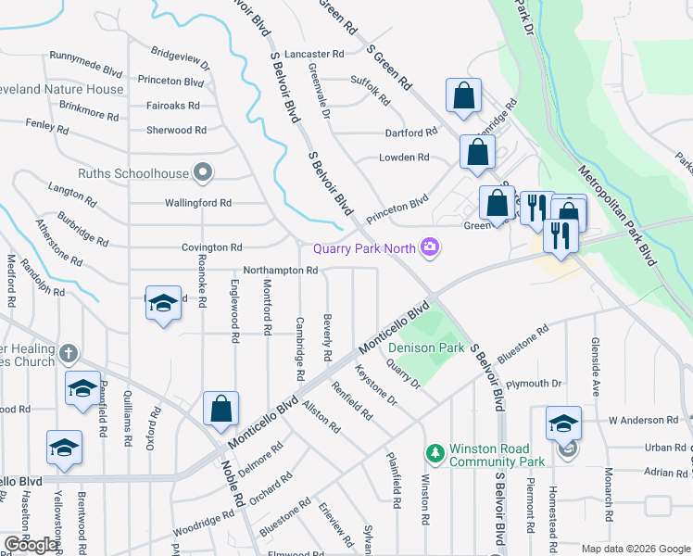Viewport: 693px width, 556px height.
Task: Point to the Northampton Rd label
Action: (x=281, y=271)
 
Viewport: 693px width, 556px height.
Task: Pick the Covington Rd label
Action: (x=211, y=247)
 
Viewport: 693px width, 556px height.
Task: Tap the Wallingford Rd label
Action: (x=197, y=202)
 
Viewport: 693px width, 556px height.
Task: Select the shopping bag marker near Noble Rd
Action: (x=221, y=410)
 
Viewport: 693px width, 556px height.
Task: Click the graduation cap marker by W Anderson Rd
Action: (x=563, y=423)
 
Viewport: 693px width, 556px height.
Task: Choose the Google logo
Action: (x=31, y=545)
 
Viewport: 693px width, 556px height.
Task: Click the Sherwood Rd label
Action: (x=182, y=131)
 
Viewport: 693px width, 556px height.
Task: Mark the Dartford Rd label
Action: (x=410, y=133)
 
